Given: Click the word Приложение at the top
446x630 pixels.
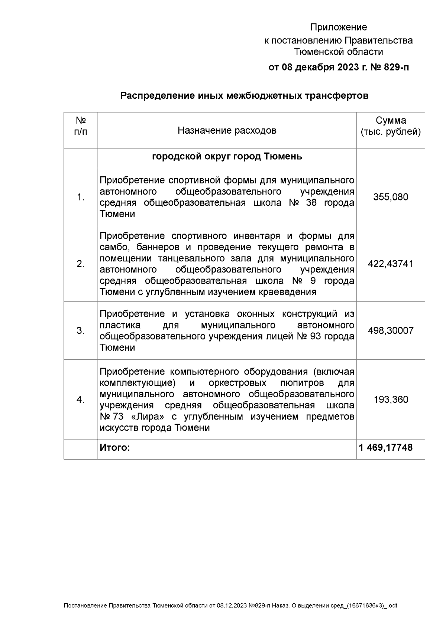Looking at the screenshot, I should [x=338, y=27].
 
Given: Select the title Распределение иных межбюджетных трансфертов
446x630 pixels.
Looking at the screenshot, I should [x=244, y=96].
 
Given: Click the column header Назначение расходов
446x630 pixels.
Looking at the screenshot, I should [x=227, y=131].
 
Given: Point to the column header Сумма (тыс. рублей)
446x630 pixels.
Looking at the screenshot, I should [x=391, y=126].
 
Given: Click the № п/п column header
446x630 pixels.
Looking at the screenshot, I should [x=81, y=126].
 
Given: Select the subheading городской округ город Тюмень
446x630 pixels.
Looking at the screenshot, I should [x=227, y=157].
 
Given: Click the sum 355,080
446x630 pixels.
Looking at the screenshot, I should [x=391, y=197].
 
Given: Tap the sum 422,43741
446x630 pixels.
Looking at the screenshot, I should [x=391, y=264].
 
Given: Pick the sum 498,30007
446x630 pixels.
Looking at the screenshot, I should [x=391, y=331].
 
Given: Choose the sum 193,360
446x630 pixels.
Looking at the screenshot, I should [x=391, y=400].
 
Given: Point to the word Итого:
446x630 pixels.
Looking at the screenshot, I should [x=115, y=448].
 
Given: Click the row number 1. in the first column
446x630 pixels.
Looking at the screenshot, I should [x=81, y=198].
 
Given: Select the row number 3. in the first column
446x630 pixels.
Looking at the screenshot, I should [x=81, y=331].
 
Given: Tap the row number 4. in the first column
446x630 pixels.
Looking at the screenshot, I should [x=81, y=400].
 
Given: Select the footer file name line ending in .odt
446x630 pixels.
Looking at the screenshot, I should [x=230, y=606].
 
